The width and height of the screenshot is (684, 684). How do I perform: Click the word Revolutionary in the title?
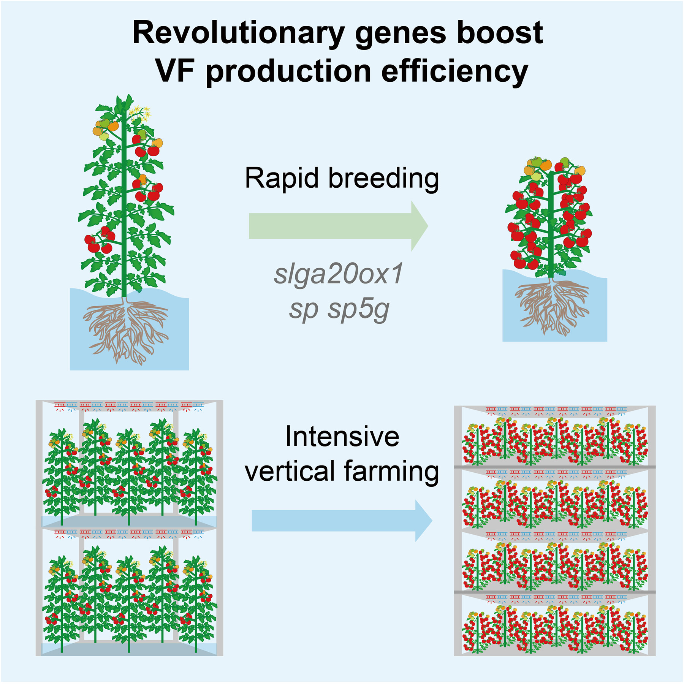pyautogui.click(x=239, y=33)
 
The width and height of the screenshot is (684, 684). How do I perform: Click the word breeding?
pyautogui.click(x=383, y=178)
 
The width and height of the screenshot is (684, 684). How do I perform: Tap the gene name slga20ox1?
pyautogui.click(x=338, y=274)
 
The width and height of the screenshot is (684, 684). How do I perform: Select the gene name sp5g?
pyautogui.click(x=359, y=310)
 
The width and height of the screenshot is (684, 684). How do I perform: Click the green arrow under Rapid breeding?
pyautogui.click(x=339, y=226)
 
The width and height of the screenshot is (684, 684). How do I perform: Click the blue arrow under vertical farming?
pyautogui.click(x=342, y=521)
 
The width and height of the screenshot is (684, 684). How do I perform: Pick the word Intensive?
pyautogui.click(x=342, y=437)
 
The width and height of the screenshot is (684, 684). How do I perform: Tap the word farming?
pyautogui.click(x=391, y=472)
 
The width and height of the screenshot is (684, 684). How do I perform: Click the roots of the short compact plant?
pyautogui.click(x=552, y=306)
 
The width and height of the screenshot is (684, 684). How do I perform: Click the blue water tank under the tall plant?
pyautogui.click(x=129, y=329)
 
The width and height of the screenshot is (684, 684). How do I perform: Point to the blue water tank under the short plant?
pyautogui.click(x=555, y=306)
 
